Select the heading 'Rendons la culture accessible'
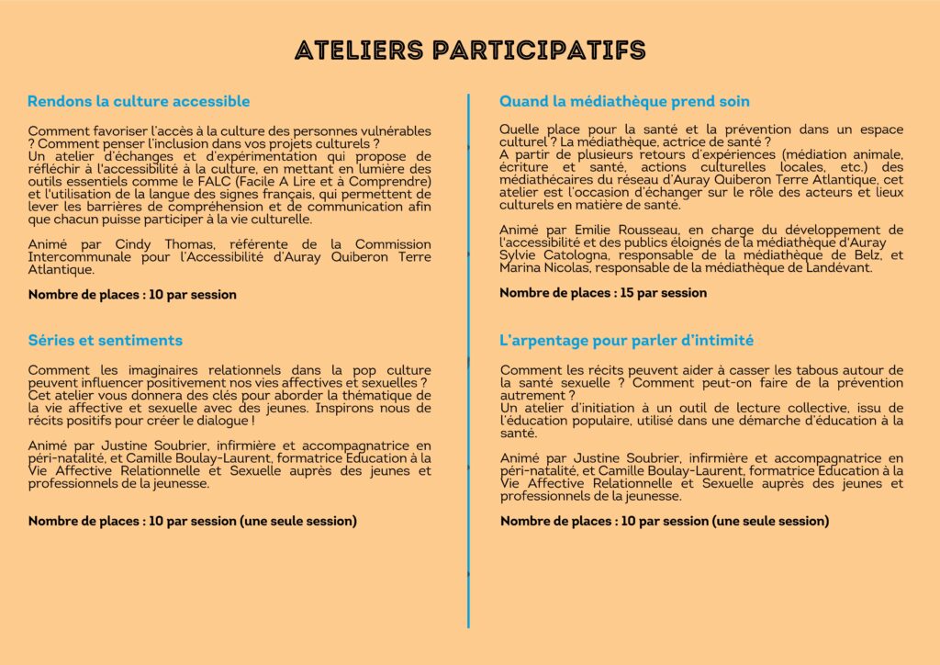pyautogui.click(x=139, y=101)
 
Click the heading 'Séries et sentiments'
pyautogui.click(x=105, y=341)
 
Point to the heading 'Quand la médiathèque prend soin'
pyautogui.click(x=624, y=101)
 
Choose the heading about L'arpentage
pyautogui.click(x=626, y=341)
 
